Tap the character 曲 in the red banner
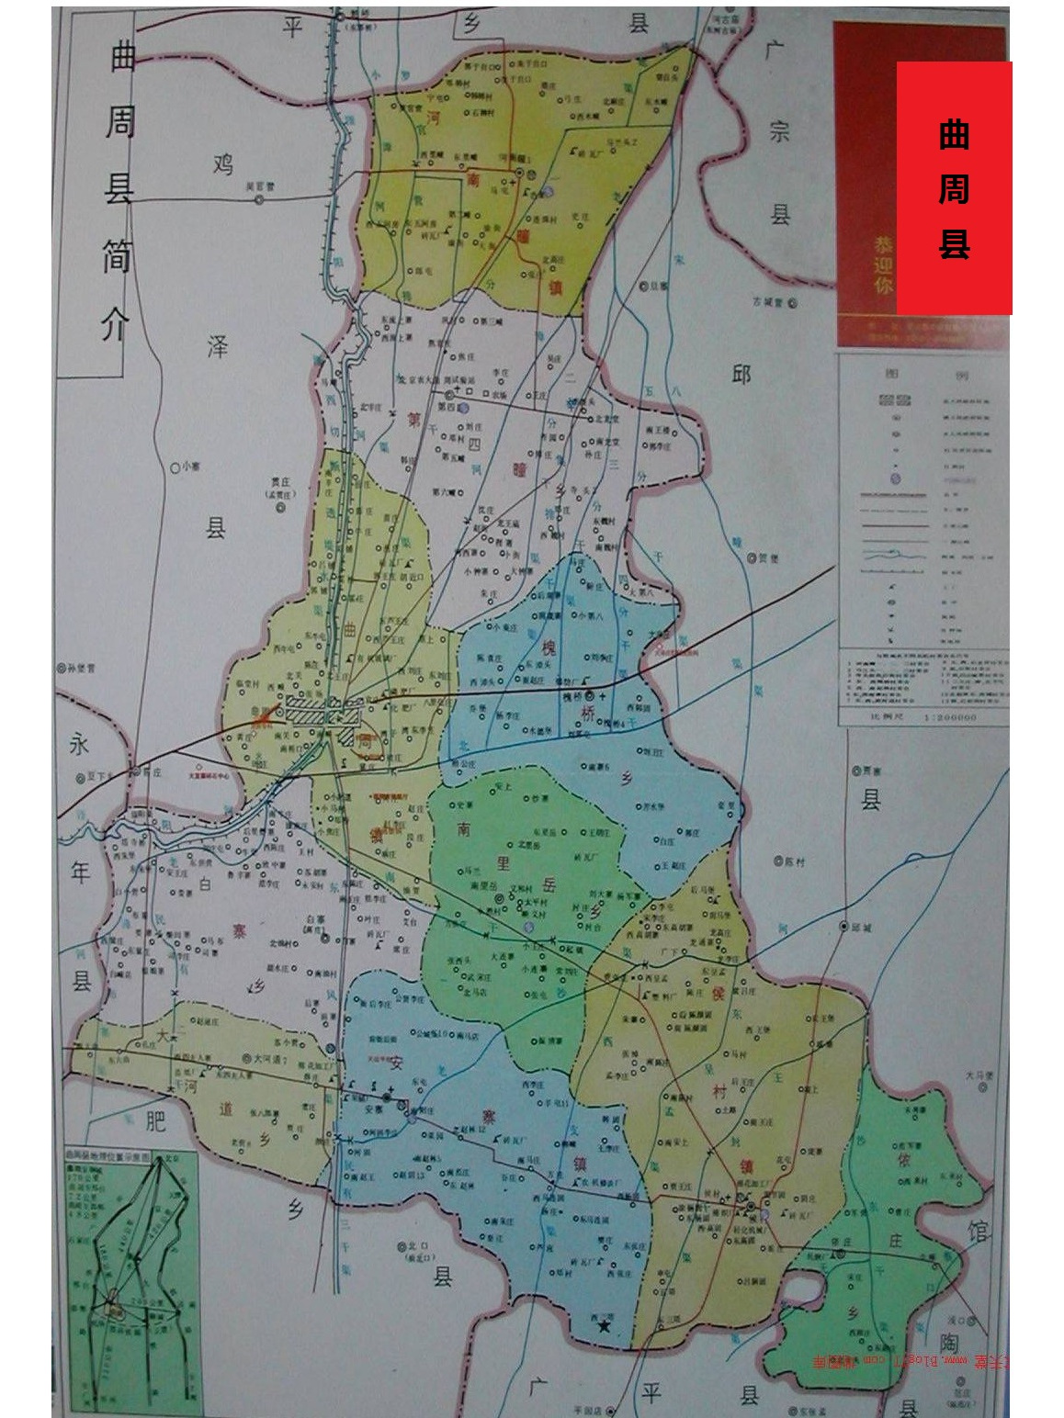point(954,135)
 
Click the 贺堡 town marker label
point(768,557)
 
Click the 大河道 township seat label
point(271,1060)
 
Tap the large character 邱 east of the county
point(741,376)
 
